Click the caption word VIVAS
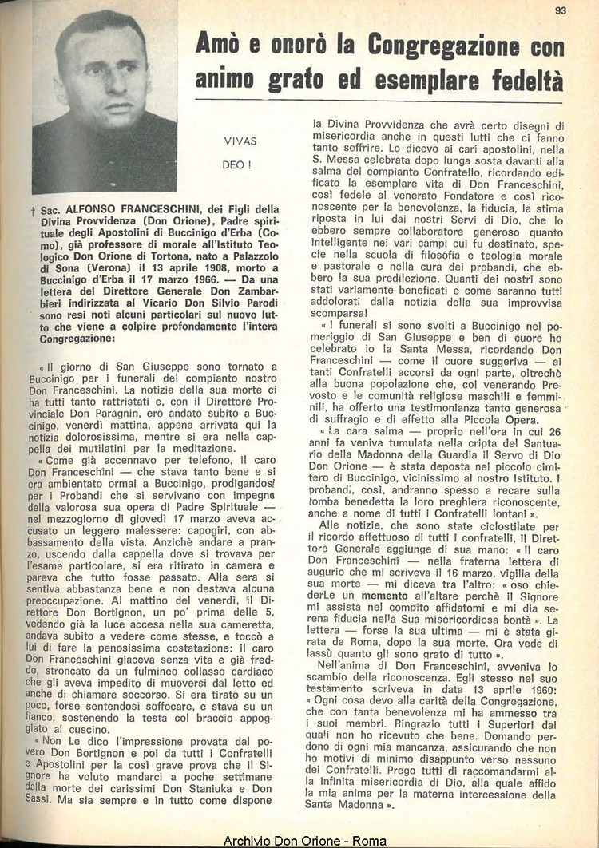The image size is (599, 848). pos(240,141)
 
